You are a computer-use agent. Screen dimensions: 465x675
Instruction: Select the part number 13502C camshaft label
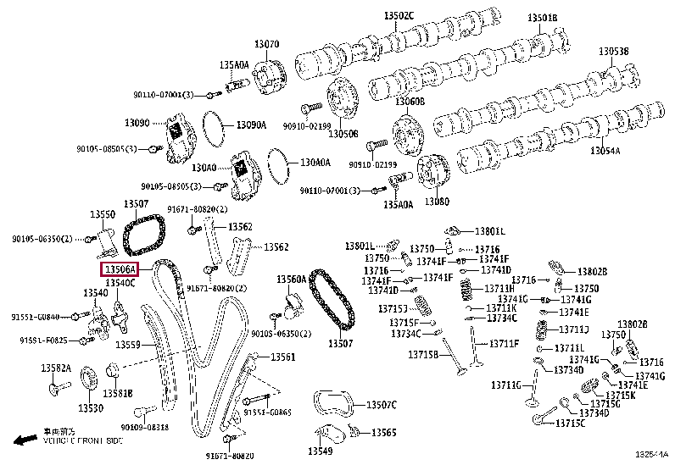pos(399,16)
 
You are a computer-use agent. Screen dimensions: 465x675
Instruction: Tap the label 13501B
pos(543,17)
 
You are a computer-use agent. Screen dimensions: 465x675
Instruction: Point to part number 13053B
pos(614,52)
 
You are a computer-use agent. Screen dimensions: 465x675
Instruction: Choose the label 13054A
pos(605,151)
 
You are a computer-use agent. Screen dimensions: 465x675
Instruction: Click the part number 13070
pos(266,44)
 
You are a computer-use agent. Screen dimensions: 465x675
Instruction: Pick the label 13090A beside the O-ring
pos(251,125)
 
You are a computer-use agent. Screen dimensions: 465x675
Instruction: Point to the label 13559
pos(127,345)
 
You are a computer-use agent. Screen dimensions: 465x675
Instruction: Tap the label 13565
pos(382,433)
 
